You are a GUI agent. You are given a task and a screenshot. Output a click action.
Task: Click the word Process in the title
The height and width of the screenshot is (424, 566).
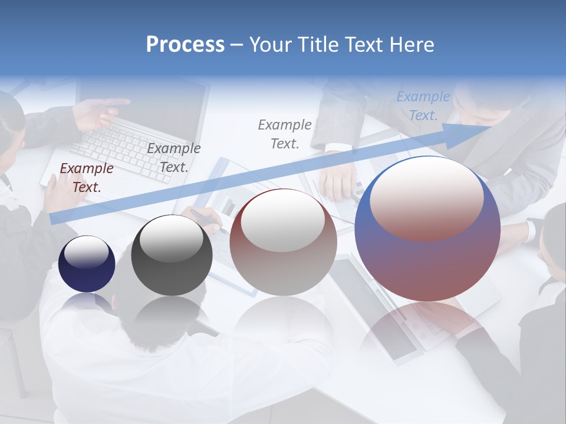185,45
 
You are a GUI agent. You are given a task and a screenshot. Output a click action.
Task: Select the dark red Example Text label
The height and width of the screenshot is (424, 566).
87,178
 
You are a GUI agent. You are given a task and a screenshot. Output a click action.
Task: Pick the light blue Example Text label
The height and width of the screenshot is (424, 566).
423,106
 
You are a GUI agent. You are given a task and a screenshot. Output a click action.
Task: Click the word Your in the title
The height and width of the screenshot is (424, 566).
269,45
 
